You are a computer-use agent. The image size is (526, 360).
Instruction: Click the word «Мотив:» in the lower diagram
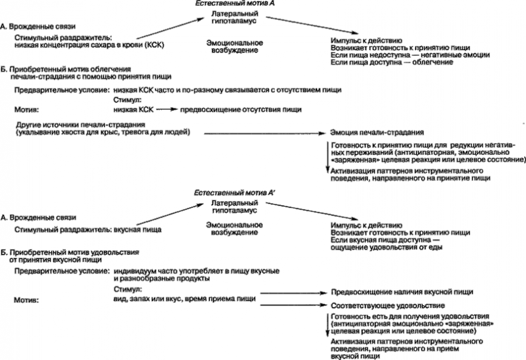pos(26,301)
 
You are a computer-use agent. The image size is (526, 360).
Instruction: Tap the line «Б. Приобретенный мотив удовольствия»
pos(71,252)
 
